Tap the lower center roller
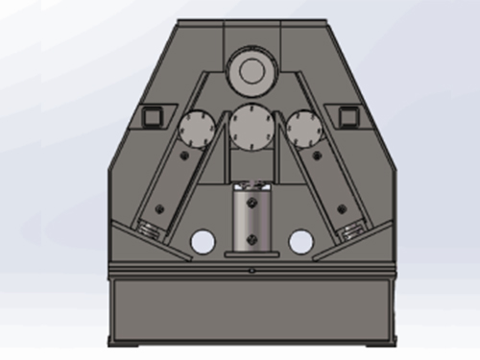[252, 125]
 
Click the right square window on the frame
[350, 117]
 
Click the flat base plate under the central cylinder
[252, 255]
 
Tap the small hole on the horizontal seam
[252, 272]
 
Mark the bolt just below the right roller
[315, 154]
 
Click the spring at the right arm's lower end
[352, 230]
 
